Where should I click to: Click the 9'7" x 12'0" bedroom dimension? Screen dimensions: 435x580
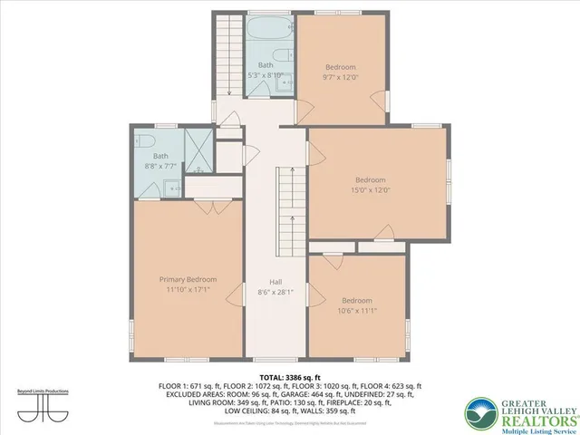341,78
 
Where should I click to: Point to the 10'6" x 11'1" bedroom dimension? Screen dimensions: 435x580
356,312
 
